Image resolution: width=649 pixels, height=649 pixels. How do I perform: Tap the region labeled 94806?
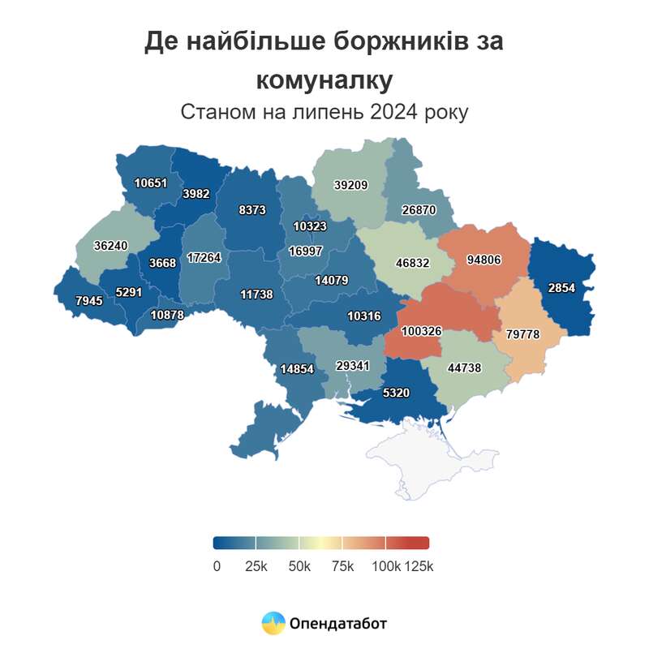pyautogui.click(x=484, y=260)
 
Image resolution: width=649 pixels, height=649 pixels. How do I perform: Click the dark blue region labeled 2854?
pyautogui.click(x=561, y=289)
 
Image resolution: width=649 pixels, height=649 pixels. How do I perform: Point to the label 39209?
pyautogui.click(x=350, y=185)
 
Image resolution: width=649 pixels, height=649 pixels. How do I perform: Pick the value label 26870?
pyautogui.click(x=419, y=209)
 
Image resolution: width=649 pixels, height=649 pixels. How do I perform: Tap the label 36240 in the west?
pyautogui.click(x=110, y=244)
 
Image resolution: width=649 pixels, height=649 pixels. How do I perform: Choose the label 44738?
pyautogui.click(x=464, y=367)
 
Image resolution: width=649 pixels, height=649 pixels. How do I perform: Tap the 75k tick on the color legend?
pyautogui.click(x=342, y=566)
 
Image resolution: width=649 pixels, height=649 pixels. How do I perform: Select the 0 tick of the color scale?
pyautogui.click(x=217, y=566)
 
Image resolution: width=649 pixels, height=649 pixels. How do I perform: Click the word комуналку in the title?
pyautogui.click(x=324, y=80)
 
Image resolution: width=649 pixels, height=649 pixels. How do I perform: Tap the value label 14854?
pyautogui.click(x=297, y=367)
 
